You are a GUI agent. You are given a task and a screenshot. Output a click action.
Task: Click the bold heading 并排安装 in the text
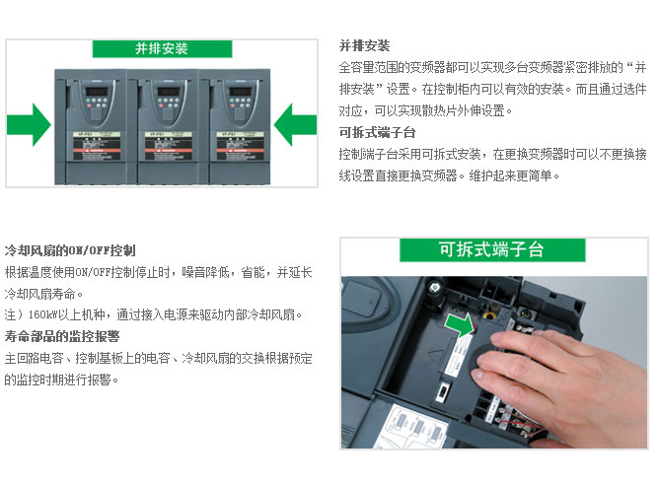coord(364,45)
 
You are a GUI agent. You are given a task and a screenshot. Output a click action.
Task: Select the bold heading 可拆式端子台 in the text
coord(377,132)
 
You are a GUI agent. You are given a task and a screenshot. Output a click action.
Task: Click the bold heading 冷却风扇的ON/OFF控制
coord(70,250)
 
